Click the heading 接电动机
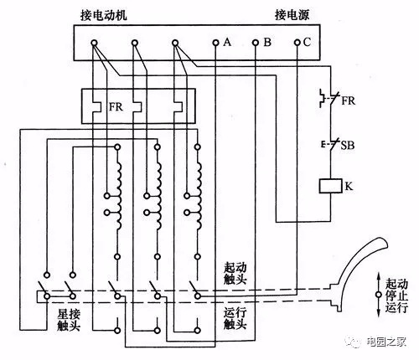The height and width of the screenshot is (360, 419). [103, 15]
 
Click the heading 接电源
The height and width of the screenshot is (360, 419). [292, 15]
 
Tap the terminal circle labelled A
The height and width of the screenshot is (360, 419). [215, 43]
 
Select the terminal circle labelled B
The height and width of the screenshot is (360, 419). [256, 43]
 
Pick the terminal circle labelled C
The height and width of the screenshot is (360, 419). [297, 43]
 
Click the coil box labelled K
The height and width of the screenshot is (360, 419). [330, 186]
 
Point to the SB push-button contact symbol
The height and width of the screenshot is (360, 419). [330, 144]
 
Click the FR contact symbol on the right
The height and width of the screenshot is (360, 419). [329, 98]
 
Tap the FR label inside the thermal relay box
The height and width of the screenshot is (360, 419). [116, 107]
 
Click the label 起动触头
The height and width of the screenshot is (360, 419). [235, 273]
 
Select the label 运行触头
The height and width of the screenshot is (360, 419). [235, 318]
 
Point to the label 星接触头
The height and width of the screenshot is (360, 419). [69, 320]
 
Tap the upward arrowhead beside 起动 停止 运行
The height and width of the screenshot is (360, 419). [379, 276]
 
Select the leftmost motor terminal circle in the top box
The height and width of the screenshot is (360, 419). [95, 43]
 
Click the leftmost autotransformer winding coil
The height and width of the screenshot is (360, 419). [118, 195]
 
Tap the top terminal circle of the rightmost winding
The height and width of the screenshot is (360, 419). [198, 147]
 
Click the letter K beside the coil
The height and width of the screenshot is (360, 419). [349, 186]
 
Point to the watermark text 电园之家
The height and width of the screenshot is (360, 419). [386, 342]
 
